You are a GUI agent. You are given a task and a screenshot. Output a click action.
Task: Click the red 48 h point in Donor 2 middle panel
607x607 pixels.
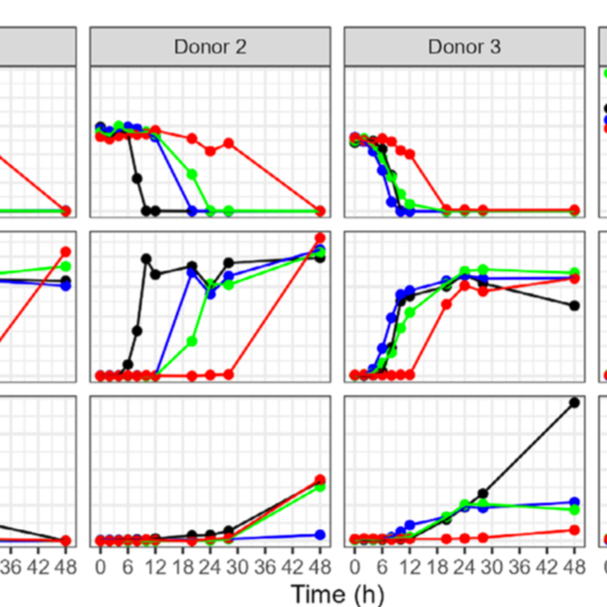point(320,238)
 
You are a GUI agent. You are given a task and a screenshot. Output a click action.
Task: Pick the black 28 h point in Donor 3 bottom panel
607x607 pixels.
point(483,493)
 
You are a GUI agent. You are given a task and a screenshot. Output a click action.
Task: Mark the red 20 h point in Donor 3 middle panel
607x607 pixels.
point(446,304)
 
